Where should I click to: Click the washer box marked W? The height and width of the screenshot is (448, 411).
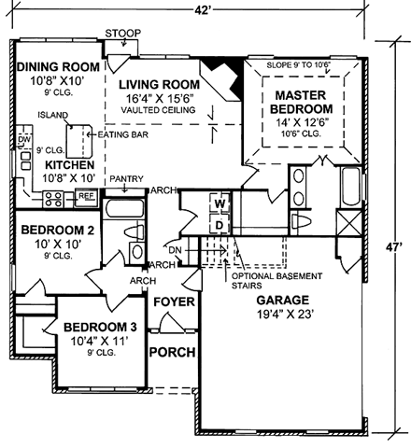pos(221,204)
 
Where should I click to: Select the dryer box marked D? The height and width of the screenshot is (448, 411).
pos(221,225)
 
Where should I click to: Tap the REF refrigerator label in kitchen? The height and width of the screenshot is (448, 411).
pos(86,197)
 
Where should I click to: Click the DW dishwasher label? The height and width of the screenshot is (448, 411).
pos(22,139)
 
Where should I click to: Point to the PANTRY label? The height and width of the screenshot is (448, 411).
pos(124,177)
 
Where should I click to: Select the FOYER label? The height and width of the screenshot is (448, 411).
pos(173,301)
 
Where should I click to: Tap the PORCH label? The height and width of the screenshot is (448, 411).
pos(173,353)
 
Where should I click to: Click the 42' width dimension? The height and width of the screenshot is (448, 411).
pos(201,7)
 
